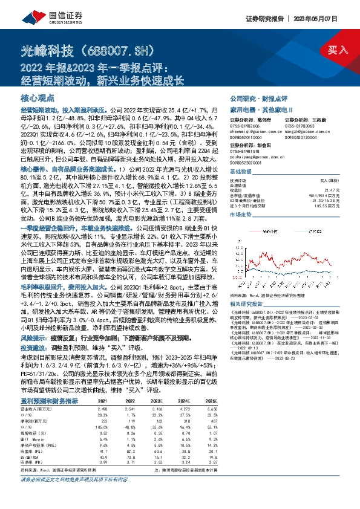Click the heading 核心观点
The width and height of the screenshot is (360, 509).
pyautogui.click(x=38, y=97)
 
